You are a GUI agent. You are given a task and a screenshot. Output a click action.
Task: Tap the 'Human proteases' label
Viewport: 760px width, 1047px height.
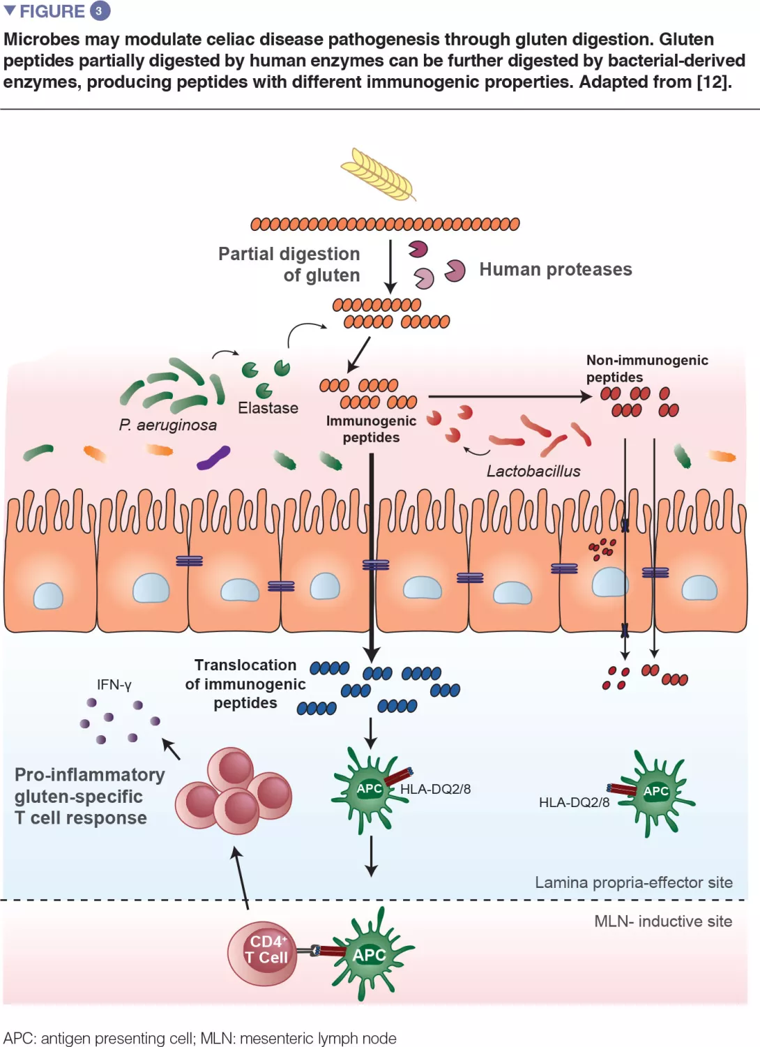click(555, 269)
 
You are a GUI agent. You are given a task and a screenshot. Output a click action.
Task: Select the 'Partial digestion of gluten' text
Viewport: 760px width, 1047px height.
click(290, 264)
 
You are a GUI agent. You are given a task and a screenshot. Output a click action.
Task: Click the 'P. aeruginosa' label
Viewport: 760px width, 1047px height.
click(167, 425)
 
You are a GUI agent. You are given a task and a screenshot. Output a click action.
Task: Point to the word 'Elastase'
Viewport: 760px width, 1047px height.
click(268, 408)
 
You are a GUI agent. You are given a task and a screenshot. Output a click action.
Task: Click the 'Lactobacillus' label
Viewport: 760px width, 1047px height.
click(533, 472)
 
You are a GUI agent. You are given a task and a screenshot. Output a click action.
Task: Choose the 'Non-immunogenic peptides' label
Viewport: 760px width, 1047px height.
click(646, 368)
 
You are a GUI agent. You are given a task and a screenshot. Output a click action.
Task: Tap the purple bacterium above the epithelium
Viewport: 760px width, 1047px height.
click(213, 458)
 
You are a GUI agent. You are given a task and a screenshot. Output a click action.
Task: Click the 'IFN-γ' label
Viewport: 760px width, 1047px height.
click(114, 685)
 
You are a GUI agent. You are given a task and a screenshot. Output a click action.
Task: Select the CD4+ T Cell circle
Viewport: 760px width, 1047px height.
click(263, 953)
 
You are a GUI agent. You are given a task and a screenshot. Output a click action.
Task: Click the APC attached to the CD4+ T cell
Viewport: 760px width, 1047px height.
click(370, 954)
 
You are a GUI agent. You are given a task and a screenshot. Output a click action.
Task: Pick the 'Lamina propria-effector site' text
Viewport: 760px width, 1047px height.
click(633, 882)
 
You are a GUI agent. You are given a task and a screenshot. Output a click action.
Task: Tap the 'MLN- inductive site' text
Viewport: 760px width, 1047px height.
click(662, 921)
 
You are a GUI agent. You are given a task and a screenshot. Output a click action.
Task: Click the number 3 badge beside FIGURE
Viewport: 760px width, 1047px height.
click(100, 11)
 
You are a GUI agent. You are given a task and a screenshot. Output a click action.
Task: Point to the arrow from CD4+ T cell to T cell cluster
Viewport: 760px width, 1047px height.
click(241, 877)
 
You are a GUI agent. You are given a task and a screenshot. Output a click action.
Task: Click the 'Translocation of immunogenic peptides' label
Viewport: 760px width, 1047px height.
click(245, 684)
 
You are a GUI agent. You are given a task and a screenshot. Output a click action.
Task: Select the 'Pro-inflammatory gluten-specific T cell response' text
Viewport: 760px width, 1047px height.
click(89, 797)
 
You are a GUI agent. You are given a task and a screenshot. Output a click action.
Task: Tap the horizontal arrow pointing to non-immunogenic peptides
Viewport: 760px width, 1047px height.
click(509, 397)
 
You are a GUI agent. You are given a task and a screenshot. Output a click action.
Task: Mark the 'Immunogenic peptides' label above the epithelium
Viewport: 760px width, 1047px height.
click(371, 429)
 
